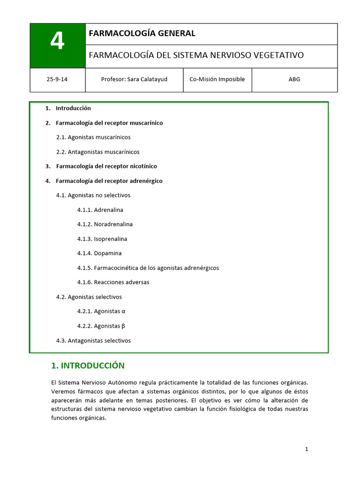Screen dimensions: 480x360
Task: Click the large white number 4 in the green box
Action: pos(57,42)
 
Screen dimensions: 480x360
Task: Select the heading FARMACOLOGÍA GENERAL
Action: pos(142,33)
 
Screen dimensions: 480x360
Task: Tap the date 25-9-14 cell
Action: pos(57,79)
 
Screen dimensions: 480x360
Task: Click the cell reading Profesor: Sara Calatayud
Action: pos(134,79)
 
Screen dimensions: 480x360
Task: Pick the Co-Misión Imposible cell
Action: pos(217,79)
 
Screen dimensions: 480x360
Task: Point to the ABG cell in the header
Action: pos(294,79)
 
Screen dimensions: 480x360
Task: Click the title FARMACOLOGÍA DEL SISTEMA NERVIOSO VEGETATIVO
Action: pos(196,55)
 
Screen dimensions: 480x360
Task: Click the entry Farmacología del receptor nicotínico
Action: pos(106,166)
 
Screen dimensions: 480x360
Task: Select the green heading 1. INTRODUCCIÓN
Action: pos(88,366)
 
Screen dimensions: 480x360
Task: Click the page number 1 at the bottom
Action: pos(307,449)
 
